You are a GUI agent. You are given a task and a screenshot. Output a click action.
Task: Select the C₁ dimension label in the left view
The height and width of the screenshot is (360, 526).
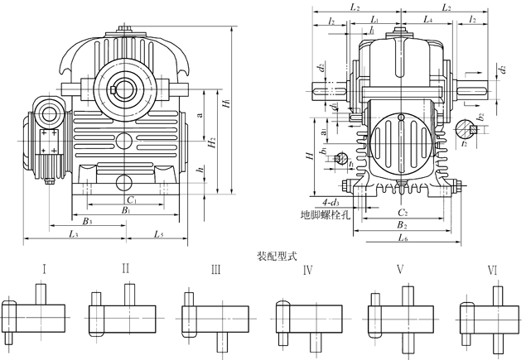132,199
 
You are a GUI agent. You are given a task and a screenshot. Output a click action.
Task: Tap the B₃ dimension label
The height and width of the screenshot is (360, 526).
87,221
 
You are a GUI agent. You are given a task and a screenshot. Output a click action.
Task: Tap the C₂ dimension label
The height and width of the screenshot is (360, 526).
401,213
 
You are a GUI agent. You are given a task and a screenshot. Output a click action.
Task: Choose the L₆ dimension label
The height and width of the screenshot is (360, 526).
401,239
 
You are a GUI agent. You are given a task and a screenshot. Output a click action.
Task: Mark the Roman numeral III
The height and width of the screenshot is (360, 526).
215,269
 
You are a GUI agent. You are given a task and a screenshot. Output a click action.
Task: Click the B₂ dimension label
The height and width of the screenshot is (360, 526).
401,225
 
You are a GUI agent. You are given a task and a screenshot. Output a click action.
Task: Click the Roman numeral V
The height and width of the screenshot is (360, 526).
400,269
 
